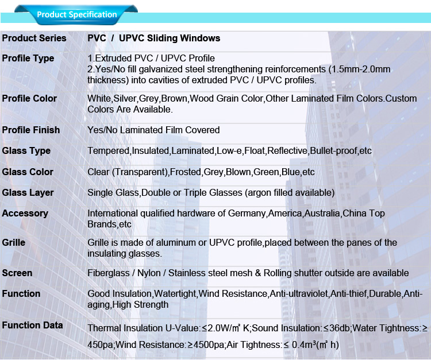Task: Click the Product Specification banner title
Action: coord(76,14)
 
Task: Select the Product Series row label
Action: coord(34,38)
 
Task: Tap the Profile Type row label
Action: coord(28,59)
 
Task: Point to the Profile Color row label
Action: coord(29,99)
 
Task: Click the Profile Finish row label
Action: coord(31,130)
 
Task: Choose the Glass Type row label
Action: coord(26,151)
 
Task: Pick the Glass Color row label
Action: coord(28,172)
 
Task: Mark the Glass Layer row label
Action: coord(28,193)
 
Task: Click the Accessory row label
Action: coord(25,214)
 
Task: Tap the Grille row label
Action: coord(14,243)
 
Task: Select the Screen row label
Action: coord(17,273)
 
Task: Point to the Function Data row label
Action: coord(32,326)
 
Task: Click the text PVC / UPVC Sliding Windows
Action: coord(153,38)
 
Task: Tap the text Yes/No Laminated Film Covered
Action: coord(153,130)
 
